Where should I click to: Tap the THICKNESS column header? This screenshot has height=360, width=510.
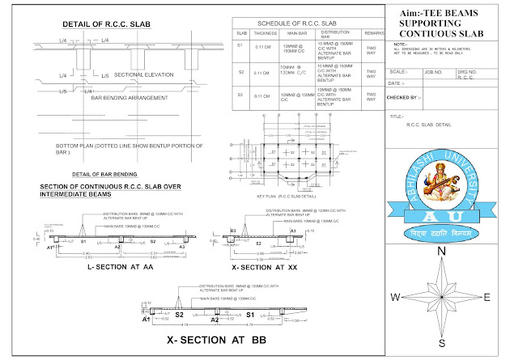point(265,35)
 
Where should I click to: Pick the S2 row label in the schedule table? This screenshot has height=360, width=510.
point(240,73)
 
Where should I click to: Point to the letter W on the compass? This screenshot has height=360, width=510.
point(396,297)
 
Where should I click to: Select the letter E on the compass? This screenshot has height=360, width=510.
point(488,297)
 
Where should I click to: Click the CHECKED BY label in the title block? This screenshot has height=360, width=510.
point(406,97)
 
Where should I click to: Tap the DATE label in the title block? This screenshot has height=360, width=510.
point(397,83)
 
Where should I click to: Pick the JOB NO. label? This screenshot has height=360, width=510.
point(435,71)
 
